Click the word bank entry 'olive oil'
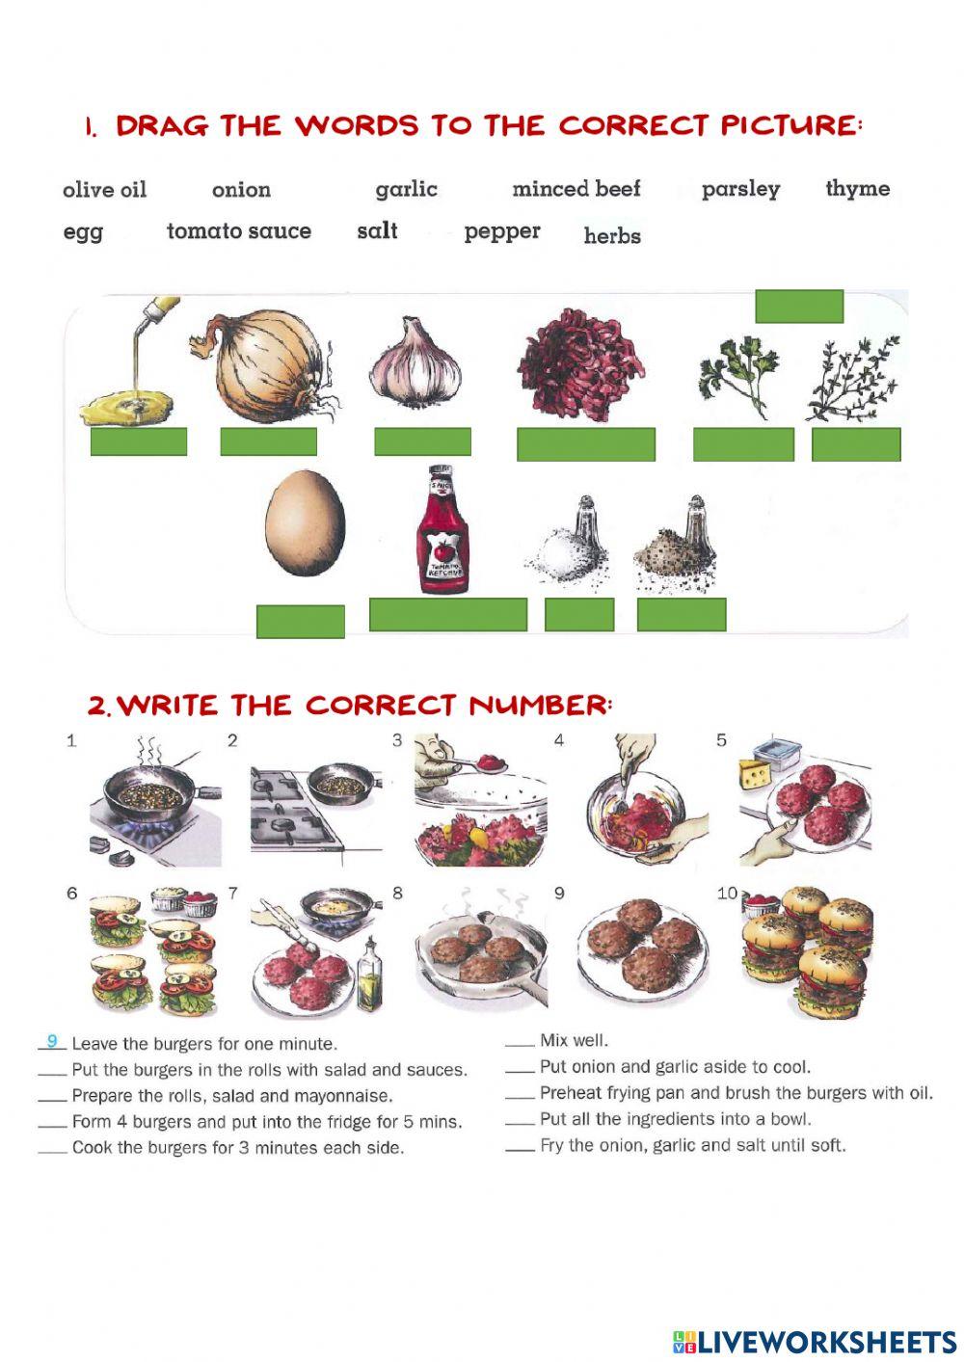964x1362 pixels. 105,189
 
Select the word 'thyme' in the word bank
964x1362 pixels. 858,189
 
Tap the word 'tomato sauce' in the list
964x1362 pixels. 239,231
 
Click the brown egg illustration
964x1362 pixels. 306,522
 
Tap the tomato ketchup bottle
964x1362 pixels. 442,528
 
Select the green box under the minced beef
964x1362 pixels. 586,443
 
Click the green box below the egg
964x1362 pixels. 301,622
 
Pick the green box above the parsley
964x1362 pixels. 799,306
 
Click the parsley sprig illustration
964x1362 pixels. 738,377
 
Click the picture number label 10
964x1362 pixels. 728,894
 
